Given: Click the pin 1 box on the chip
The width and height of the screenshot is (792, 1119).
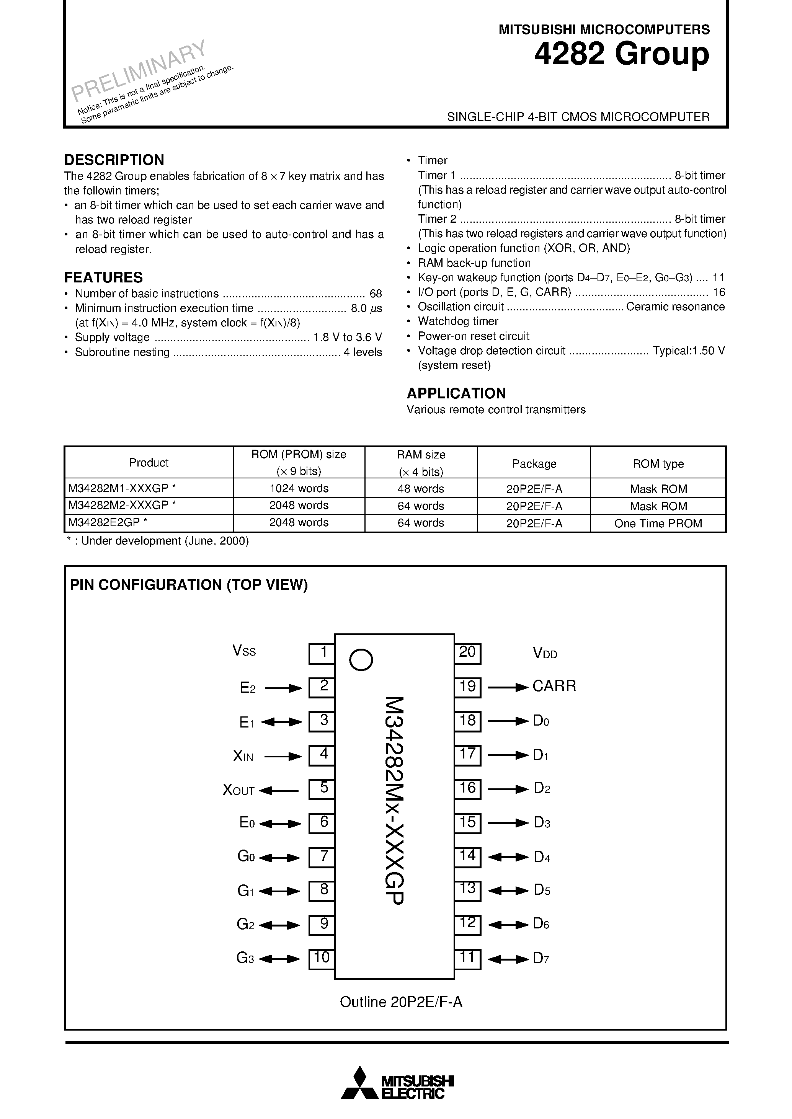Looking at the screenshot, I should pos(322,653).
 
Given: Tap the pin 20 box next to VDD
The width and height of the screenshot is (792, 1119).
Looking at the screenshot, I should pos(467,653).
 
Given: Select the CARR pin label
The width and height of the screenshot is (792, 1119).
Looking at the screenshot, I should pos(554,687).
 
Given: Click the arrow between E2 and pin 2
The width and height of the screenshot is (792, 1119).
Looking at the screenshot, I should pos(283,688).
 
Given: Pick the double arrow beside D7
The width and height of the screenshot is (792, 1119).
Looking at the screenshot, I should pos(508,959).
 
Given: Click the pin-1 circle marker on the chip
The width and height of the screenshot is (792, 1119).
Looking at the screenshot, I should pos(361,660).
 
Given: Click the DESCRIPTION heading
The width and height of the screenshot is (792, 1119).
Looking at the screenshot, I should pos(114,160).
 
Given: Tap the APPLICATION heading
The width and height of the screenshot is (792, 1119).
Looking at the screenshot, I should pos(456,393).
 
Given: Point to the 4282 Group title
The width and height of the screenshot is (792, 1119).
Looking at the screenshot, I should pos(621,54).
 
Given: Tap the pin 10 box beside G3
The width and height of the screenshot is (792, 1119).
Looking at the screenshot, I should pos(322,959).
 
